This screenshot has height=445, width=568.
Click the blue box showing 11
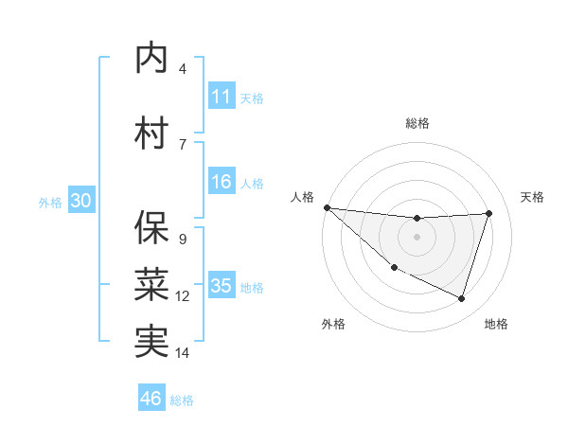click(x=222, y=97)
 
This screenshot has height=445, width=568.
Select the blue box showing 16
click(x=222, y=182)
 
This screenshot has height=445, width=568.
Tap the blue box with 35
click(x=222, y=286)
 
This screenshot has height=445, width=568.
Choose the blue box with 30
click(x=80, y=201)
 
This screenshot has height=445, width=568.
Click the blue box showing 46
click(x=151, y=399)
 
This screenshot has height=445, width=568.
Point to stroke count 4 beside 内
click(x=182, y=69)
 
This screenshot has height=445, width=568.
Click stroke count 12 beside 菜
click(x=182, y=296)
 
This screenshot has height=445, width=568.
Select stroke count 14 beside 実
click(x=183, y=353)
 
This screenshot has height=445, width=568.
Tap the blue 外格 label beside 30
click(x=50, y=203)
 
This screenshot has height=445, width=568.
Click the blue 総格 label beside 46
click(x=182, y=400)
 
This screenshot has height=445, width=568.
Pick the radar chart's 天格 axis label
click(x=533, y=197)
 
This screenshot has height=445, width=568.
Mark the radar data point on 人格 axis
click(x=327, y=207)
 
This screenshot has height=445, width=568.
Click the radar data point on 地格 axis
click(x=461, y=299)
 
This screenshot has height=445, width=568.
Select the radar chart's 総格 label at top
click(x=417, y=123)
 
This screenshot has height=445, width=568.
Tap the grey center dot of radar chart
click(x=417, y=237)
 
